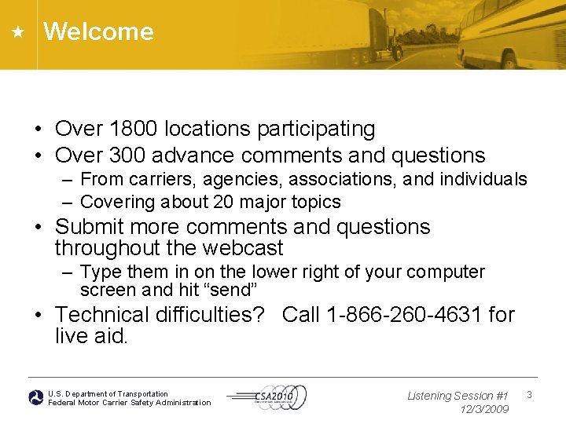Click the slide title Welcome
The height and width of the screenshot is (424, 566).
pyautogui.click(x=98, y=31)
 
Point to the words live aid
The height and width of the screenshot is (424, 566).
pyautogui.click(x=91, y=336)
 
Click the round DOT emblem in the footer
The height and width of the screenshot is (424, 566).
pyautogui.click(x=36, y=397)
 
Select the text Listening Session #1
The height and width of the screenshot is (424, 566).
pyautogui.click(x=458, y=396)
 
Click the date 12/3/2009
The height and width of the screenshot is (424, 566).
pyautogui.click(x=484, y=409)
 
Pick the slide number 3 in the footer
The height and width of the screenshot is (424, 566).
pyautogui.click(x=529, y=394)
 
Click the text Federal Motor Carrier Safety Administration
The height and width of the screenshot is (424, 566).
pyautogui.click(x=130, y=403)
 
